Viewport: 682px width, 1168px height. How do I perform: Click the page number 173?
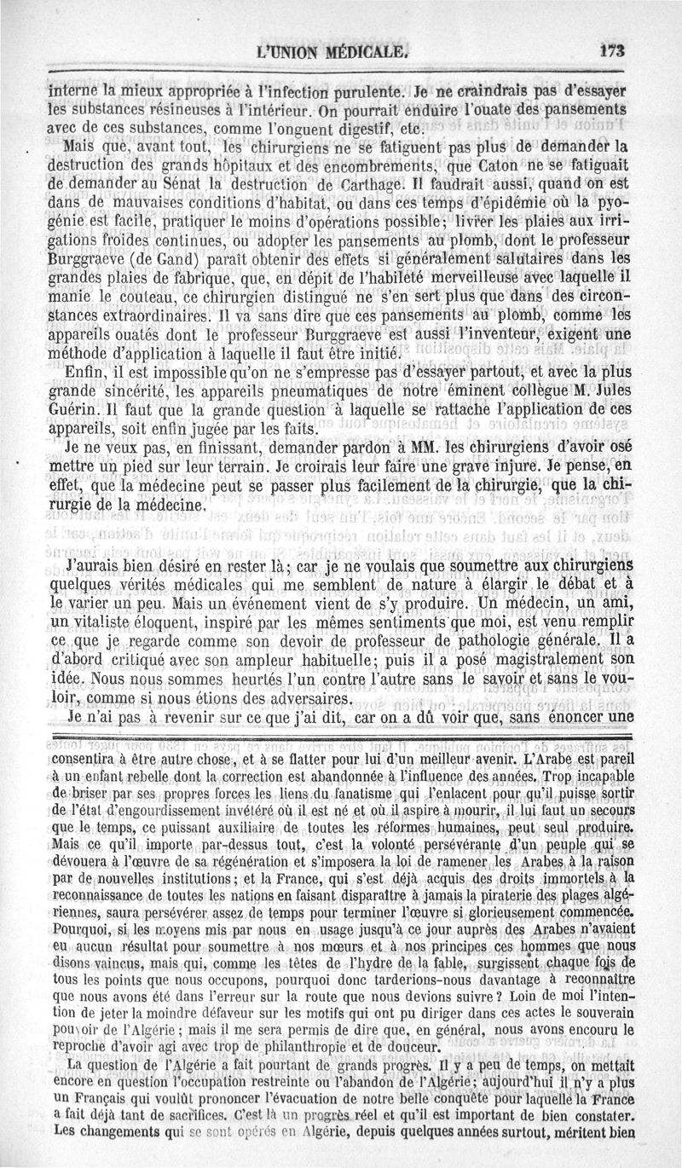[612, 51]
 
